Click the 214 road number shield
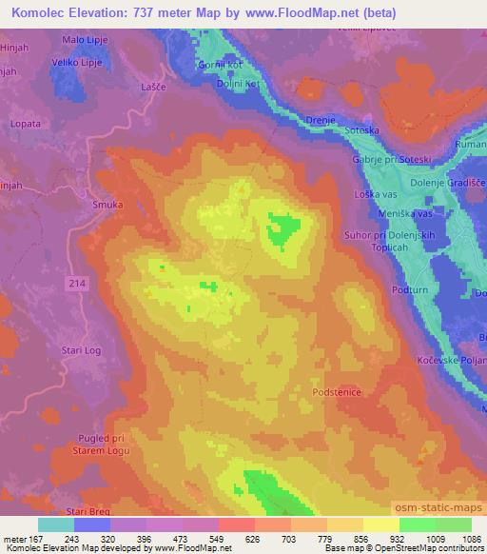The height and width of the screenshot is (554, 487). coord(78,284)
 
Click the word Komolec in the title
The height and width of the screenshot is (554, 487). coord(37,12)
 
